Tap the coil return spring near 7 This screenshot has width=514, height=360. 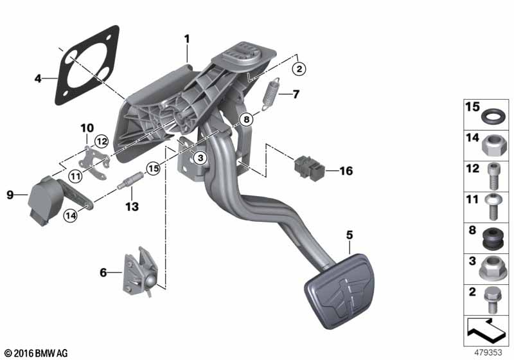point(272,94)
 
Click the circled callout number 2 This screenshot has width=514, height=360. point(299,69)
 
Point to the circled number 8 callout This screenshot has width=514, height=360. point(246,119)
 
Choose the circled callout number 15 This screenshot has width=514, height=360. point(153,168)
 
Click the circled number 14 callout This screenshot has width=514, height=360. point(71,215)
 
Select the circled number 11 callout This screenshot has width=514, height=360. point(76,177)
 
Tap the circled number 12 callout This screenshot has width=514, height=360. point(102,141)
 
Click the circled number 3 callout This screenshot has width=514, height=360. point(200,158)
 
